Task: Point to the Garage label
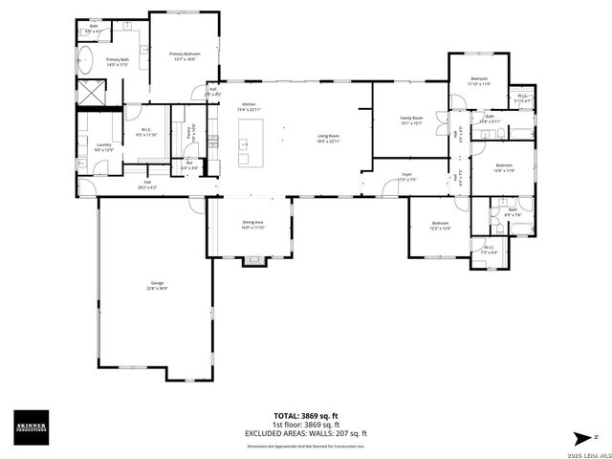(x=156, y=284)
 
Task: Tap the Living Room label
(x=329, y=137)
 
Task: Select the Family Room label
(x=411, y=119)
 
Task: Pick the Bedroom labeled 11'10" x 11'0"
(x=479, y=80)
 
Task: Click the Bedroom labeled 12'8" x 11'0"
(x=505, y=168)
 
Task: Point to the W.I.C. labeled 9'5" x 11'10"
(x=145, y=133)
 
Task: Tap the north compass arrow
(x=580, y=436)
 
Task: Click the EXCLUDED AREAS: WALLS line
(x=305, y=433)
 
